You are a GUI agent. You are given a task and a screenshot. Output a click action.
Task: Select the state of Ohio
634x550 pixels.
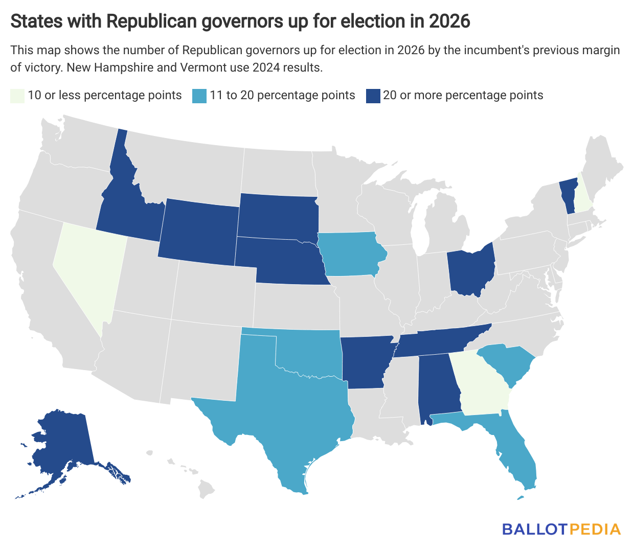pos(469,271)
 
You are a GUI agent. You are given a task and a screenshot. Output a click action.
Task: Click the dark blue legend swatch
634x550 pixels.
pos(373,96)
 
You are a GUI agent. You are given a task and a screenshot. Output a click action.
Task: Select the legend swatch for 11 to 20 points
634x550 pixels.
pos(199,96)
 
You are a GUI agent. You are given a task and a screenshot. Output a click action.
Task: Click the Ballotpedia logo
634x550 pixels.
pos(561,529)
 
